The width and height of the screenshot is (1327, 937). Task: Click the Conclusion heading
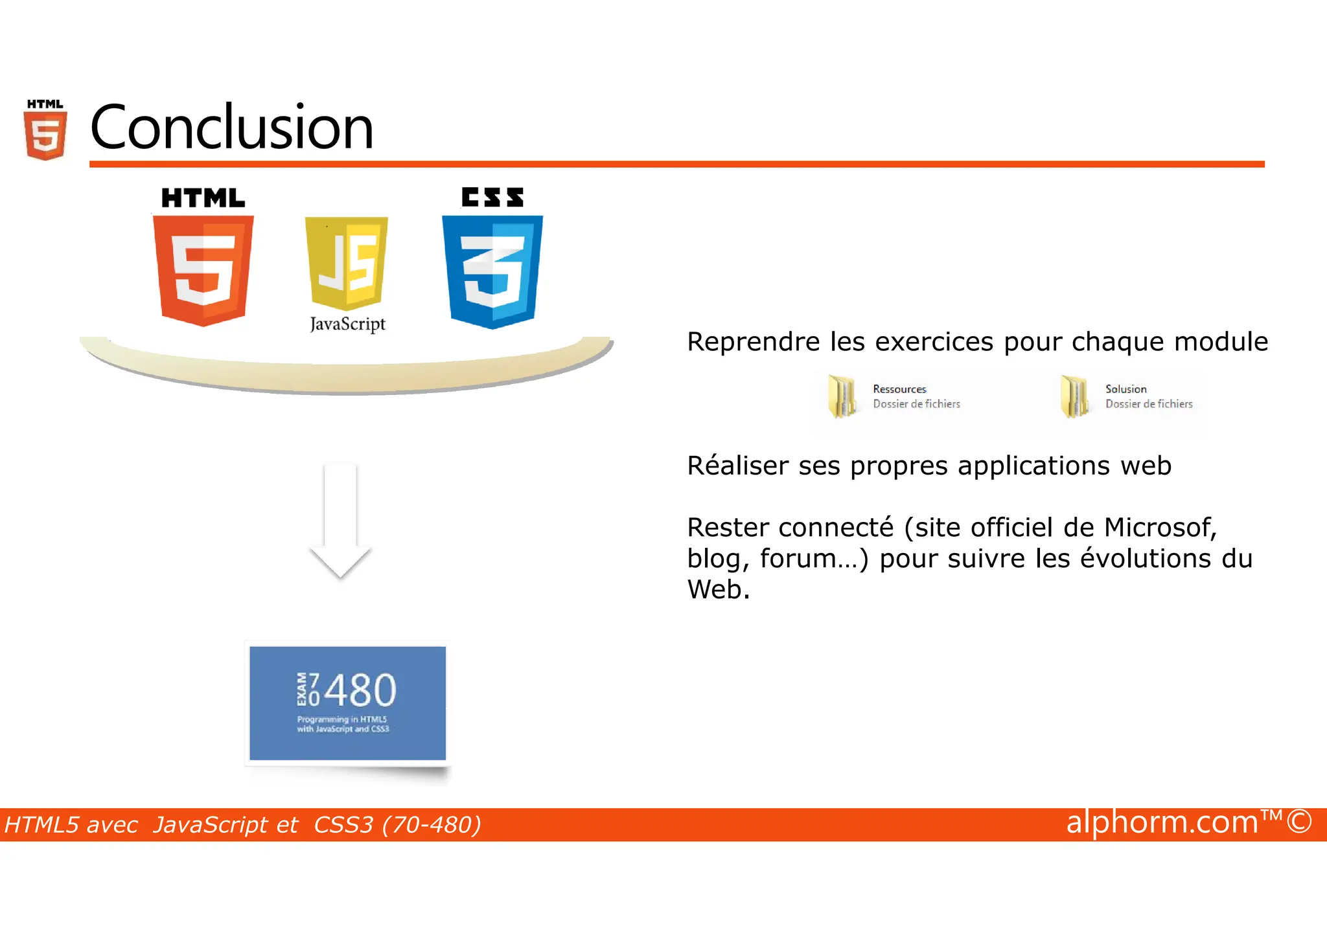(231, 127)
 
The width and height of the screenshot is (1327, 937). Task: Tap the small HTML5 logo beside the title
(45, 130)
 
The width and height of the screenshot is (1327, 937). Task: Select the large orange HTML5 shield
(203, 270)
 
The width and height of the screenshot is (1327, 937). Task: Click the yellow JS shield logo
(347, 262)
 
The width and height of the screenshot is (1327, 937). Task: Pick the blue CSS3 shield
(492, 271)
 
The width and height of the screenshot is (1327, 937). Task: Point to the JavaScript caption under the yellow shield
(347, 324)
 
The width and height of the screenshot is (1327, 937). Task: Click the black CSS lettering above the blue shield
(492, 198)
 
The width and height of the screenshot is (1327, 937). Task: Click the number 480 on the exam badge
(360, 690)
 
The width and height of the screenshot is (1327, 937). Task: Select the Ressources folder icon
(842, 396)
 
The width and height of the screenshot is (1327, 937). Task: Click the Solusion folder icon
(1074, 396)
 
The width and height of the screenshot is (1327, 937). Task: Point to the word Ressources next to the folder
(899, 389)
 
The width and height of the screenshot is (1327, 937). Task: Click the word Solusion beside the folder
(1125, 389)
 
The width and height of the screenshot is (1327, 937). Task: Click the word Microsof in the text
(1159, 528)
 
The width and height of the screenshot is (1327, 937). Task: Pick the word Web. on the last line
(718, 590)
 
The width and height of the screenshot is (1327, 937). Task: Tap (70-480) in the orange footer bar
(432, 825)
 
